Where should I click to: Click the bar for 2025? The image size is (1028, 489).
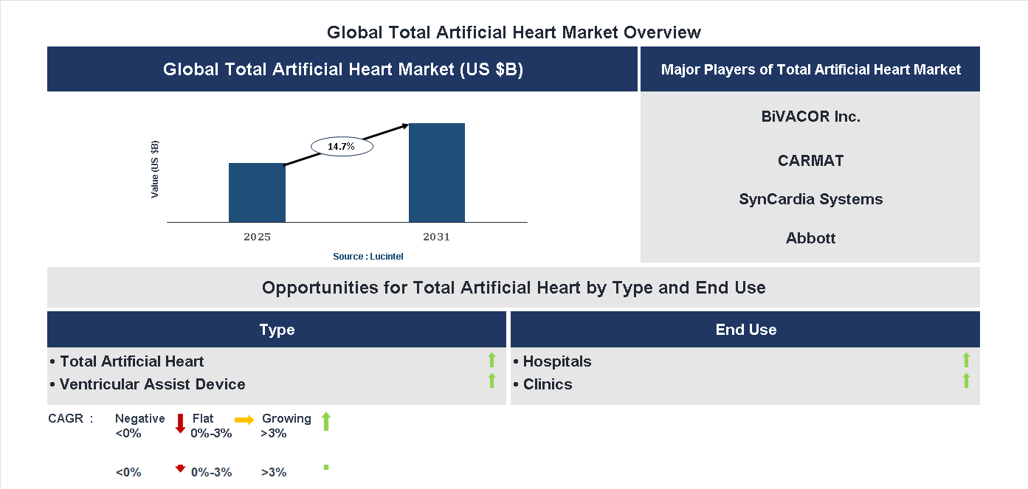click(257, 193)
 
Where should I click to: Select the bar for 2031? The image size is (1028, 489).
click(437, 173)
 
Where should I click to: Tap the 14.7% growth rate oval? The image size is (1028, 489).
click(342, 147)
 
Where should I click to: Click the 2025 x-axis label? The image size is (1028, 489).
click(257, 237)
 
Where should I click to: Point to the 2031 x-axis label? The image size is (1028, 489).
click(436, 237)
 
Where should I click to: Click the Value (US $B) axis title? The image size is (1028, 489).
click(155, 169)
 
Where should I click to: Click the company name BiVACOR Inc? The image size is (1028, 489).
click(810, 117)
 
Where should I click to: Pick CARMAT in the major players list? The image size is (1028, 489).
click(810, 161)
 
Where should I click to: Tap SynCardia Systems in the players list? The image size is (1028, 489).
click(810, 199)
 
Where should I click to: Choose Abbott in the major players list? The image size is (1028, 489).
click(810, 238)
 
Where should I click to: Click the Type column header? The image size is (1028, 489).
click(277, 330)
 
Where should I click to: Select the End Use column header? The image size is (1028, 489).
click(745, 330)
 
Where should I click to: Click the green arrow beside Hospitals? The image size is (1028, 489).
click(966, 360)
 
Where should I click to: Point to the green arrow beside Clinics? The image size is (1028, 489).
click(966, 381)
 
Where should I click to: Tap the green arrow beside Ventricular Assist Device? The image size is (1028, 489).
click(491, 381)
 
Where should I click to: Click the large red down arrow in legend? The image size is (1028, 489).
click(180, 423)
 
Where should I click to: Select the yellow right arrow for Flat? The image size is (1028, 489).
click(244, 420)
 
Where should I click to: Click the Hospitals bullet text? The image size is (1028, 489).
click(556, 361)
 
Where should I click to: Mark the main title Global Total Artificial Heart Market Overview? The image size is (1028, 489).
click(514, 32)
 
